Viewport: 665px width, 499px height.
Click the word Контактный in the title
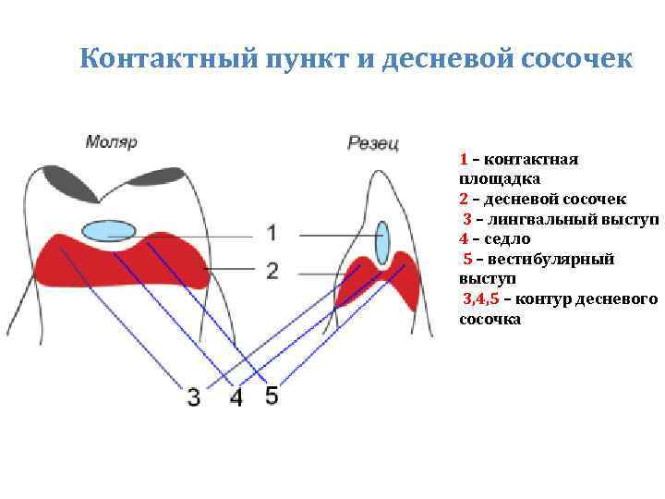(x=149, y=58)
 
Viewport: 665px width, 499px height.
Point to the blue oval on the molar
(x=109, y=231)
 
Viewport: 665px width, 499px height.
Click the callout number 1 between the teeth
(x=272, y=231)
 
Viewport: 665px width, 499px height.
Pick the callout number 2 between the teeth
(x=272, y=271)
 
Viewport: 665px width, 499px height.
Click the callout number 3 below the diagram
(x=193, y=398)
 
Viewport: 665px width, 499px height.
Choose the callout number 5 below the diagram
(x=271, y=396)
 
